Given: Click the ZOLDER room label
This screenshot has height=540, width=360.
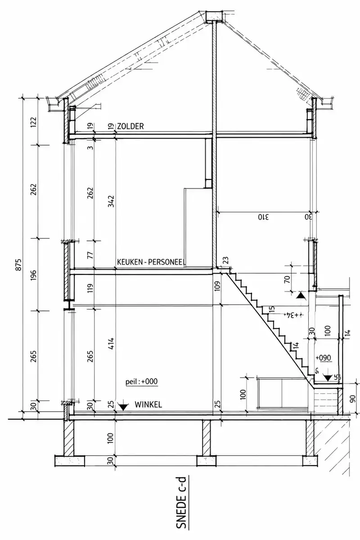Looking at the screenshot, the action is tap(130, 126).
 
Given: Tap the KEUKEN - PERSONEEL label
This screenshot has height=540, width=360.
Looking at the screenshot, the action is tap(151, 262).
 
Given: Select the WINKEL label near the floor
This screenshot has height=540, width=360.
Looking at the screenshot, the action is tap(148, 404).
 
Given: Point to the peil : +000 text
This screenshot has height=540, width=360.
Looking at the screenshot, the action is tap(142, 382).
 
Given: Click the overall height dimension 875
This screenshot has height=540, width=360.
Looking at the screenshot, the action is tap(19, 265).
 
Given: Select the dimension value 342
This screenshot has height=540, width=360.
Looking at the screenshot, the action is tap(111, 201).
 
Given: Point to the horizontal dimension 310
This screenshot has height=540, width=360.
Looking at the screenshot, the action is tap(263, 217).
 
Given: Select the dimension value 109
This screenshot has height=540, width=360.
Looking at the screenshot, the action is tap(217, 286).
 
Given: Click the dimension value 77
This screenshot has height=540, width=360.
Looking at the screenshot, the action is tap(90, 255).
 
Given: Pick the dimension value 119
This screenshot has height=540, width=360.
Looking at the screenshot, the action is tap(90, 288).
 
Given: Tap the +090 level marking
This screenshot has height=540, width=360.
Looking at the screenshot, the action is tap(324, 358).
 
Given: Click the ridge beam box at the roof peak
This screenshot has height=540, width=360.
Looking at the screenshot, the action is tap(214, 16).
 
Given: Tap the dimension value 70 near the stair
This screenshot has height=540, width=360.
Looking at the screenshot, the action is tap(287, 279).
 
